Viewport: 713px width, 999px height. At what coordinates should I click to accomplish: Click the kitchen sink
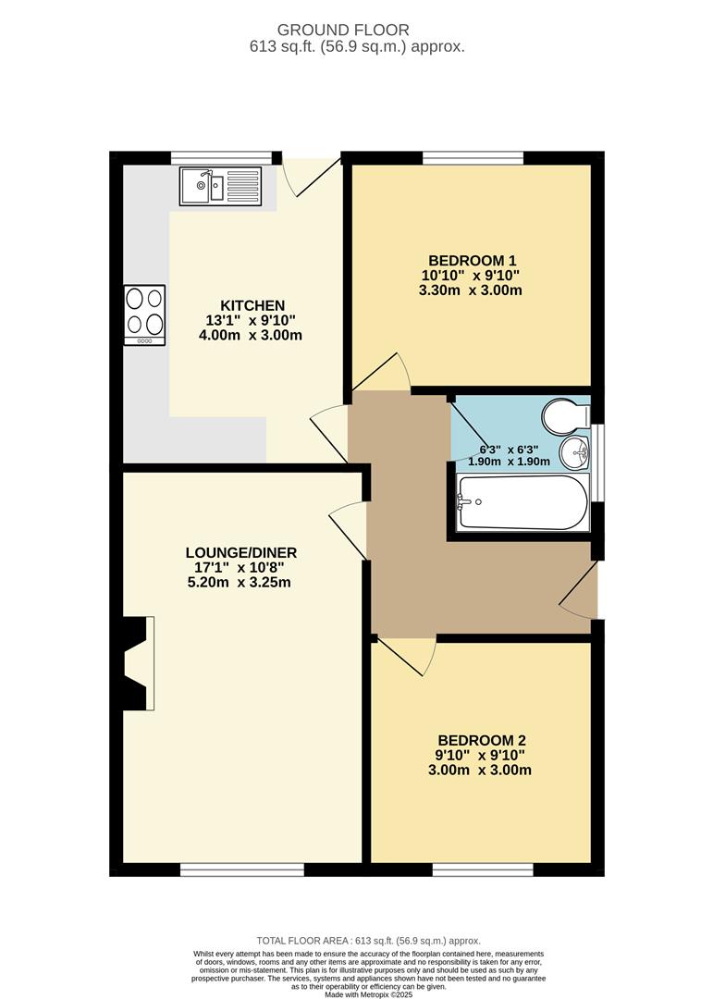221,186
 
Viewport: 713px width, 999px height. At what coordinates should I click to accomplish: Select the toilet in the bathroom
564,416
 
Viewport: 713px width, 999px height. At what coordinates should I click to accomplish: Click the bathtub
522,502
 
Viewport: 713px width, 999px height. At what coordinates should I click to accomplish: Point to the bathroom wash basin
574,452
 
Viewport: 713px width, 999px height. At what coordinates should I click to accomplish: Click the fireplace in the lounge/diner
135,663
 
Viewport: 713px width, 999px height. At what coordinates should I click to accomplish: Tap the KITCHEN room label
252,305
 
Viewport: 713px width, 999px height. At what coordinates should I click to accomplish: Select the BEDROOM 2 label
482,740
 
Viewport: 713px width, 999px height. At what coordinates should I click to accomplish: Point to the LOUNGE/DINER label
240,552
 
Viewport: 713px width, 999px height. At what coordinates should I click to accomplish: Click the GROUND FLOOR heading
356,31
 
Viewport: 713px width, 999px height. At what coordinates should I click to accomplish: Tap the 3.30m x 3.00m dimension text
471,290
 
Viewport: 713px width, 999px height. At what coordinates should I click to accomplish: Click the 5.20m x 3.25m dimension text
240,583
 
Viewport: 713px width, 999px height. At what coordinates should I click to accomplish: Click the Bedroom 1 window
474,157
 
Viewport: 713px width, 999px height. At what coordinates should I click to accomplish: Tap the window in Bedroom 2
482,869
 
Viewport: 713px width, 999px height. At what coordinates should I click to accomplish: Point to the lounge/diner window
241,869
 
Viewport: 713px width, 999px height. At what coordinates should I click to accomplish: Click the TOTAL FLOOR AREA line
356,941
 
